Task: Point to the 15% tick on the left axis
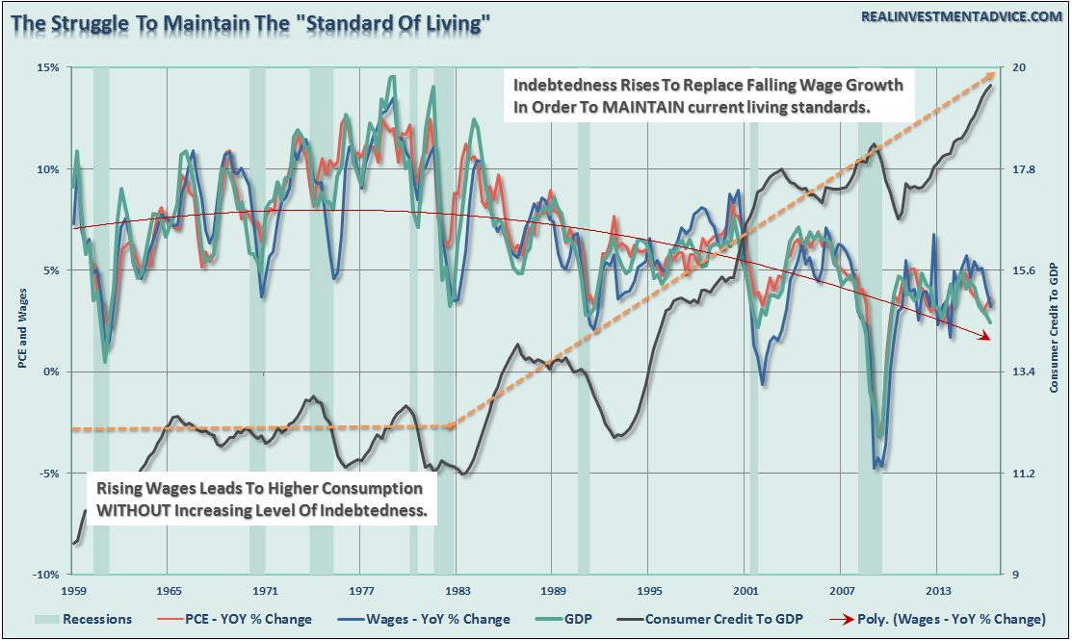tap(47, 67)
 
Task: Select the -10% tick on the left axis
tap(45, 575)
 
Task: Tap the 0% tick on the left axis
tap(50, 372)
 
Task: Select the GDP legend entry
tap(578, 619)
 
